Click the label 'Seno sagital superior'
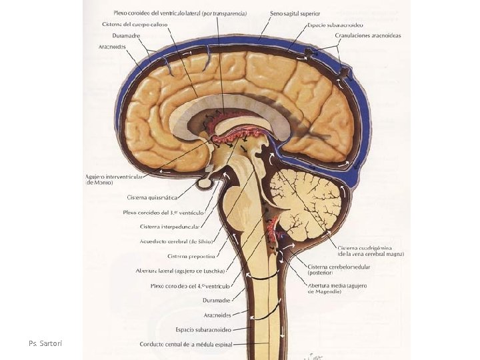(295, 13)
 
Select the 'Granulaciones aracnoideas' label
(368, 36)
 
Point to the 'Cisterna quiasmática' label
(153, 197)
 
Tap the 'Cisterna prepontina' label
(191, 256)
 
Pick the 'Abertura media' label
(337, 286)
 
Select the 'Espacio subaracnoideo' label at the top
(335, 25)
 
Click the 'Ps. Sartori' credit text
(45, 343)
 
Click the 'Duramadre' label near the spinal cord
(217, 301)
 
